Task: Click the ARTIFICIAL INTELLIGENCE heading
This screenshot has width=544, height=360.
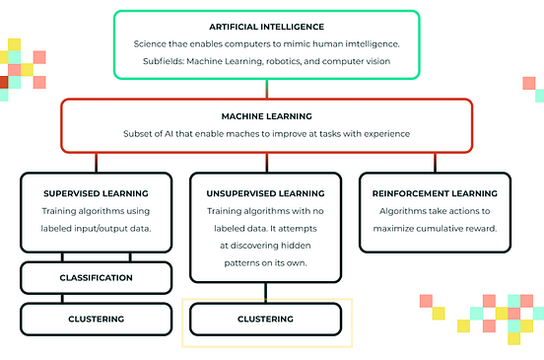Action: pos(266,26)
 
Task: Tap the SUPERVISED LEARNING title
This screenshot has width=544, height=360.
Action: pos(96,193)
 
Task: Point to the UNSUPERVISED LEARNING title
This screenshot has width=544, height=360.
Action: pos(265,193)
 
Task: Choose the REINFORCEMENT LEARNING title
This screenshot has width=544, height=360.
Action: pos(435,193)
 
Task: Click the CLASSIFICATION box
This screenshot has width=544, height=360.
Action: pos(96,277)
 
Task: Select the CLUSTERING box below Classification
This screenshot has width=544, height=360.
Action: pos(96,319)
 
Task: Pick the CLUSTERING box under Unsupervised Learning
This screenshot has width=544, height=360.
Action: pos(265,319)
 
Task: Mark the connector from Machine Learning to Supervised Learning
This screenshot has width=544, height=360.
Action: pos(96,163)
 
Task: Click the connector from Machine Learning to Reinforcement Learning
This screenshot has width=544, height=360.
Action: pos(435,163)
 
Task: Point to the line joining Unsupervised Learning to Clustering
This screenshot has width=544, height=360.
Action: pos(265,292)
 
